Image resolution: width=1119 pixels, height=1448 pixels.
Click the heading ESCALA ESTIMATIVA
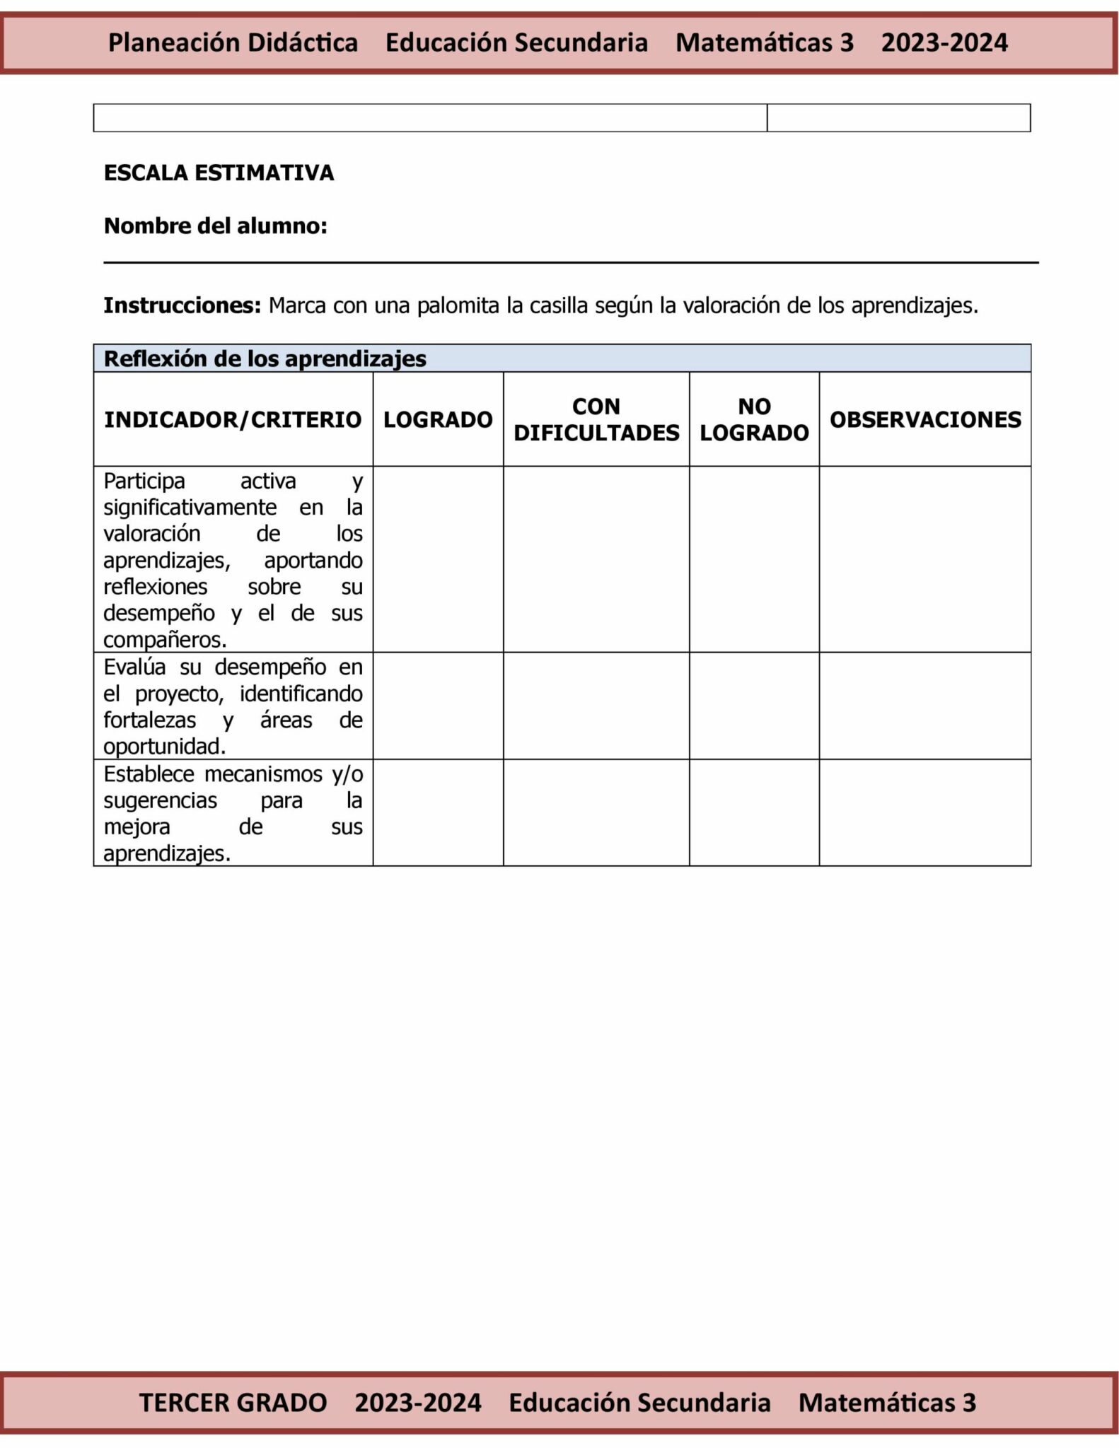219,173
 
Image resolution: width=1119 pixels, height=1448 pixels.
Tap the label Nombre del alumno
215,226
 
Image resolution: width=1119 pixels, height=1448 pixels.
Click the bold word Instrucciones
182,306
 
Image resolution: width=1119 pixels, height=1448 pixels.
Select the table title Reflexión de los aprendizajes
265,359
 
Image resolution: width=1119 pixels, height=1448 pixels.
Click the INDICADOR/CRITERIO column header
233,420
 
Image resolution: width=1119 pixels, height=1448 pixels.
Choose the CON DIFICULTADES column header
596,420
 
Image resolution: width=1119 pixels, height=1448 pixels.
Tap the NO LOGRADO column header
754,420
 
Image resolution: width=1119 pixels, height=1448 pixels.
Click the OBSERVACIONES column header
925,420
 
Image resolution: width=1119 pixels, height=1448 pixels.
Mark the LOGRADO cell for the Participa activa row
438,559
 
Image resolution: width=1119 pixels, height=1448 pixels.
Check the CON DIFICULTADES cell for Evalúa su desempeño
596,706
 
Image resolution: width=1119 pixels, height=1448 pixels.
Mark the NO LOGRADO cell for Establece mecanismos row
754,812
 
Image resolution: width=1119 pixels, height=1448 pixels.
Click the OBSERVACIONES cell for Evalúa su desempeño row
925,706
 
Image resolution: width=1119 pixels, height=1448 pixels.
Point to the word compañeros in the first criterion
165,641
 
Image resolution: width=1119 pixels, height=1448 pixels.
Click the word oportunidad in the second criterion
164,747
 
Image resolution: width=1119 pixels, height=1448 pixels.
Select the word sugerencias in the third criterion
161,801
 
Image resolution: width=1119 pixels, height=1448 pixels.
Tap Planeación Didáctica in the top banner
233,43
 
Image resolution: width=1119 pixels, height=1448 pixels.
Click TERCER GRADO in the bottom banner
233,1402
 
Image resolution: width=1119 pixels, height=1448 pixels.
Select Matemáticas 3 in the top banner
765,43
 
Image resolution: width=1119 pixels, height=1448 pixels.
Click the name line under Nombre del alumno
571,262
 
